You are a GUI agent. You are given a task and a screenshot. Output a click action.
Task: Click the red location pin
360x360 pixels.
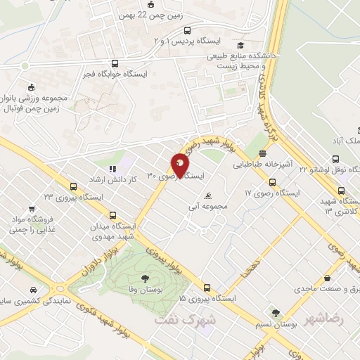[180, 166]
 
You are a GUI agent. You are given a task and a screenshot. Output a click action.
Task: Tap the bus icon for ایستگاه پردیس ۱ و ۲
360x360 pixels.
[186, 30]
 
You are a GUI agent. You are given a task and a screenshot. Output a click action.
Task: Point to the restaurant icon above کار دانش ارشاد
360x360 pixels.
[112, 169]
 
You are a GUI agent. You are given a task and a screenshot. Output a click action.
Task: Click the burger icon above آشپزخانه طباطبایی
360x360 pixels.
[262, 153]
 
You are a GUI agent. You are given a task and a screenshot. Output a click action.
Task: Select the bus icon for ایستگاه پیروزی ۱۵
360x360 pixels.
[207, 288]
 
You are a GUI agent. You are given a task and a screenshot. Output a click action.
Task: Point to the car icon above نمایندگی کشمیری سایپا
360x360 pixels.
[33, 290]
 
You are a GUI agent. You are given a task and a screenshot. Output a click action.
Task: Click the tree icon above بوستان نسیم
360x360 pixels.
[276, 313]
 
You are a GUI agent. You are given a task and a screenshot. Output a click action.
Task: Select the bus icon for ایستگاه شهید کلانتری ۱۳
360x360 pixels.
[342, 191]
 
